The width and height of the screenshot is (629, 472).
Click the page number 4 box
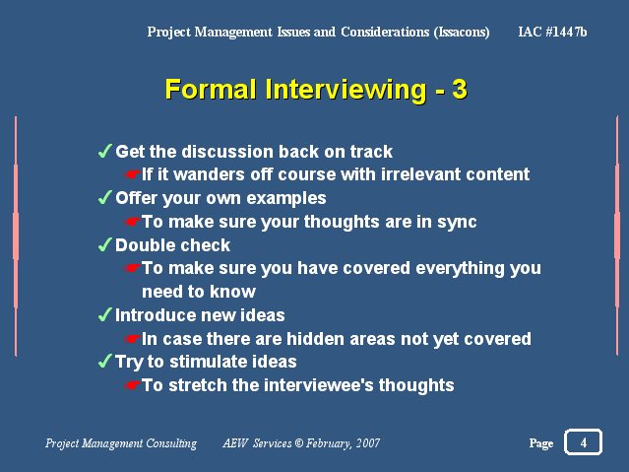583,441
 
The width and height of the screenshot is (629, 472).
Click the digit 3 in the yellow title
460,89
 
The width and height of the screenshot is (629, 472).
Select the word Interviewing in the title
346,90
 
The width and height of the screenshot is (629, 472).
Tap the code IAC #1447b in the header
552,32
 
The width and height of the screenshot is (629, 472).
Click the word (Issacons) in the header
462,33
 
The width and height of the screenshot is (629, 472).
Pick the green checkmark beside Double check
105,244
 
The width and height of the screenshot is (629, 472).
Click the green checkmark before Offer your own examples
105,197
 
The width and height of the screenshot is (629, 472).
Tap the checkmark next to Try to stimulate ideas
105,361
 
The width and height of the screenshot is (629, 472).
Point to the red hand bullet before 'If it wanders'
132,174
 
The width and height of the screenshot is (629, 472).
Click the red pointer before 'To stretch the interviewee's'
132,385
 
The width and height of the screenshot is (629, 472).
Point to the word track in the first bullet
371,152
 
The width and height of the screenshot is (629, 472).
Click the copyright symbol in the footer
299,443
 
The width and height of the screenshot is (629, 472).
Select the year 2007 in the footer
368,443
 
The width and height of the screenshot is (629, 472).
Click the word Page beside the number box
541,443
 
